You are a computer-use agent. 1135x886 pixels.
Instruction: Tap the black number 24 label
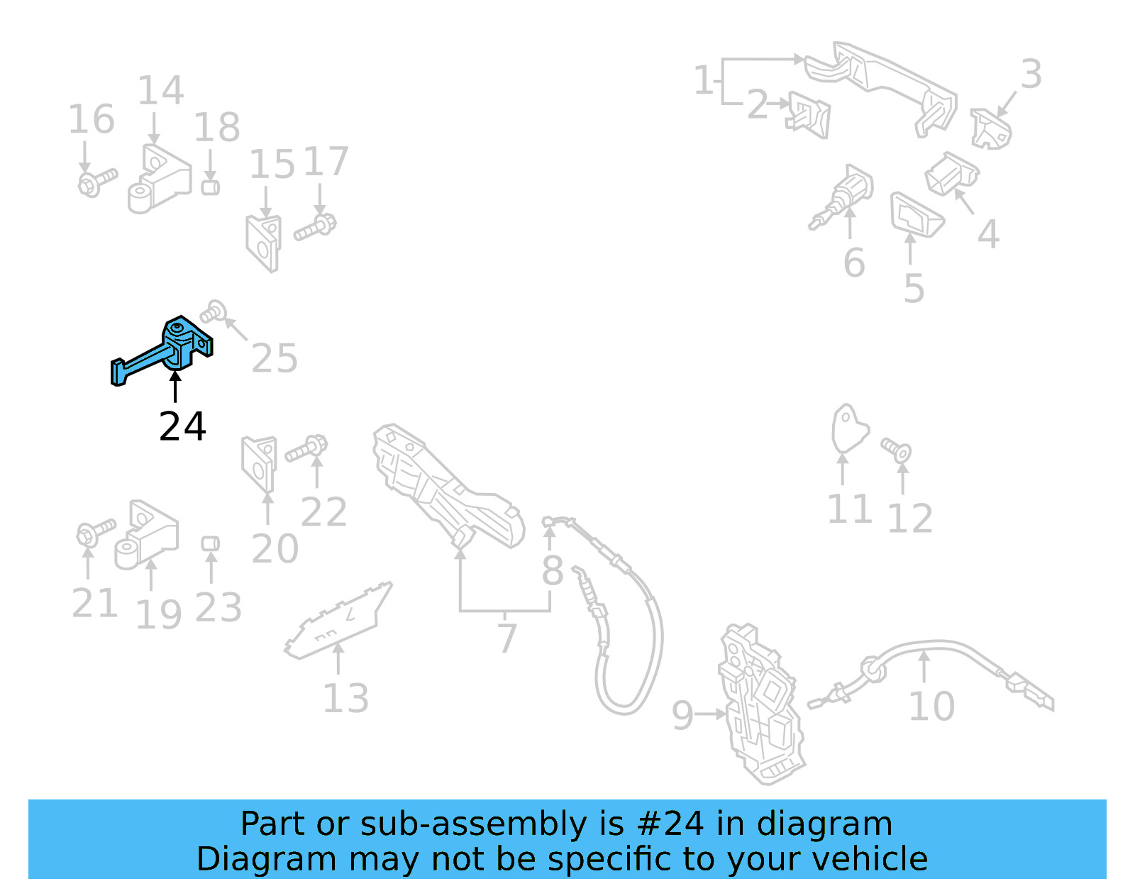tap(182, 426)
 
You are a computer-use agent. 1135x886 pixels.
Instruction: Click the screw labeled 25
tap(214, 311)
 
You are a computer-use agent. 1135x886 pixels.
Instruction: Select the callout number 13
tap(345, 699)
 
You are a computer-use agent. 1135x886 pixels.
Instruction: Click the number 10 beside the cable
tap(931, 707)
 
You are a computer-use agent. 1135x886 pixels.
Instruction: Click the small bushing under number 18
tap(210, 187)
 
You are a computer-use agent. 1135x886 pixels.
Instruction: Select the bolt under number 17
tap(316, 227)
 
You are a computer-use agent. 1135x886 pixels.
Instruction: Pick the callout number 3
tap(1031, 74)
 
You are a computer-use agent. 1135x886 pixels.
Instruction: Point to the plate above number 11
tap(848, 427)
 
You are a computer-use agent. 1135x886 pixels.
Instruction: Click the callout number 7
tap(506, 638)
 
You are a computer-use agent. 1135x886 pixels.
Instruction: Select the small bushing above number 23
tap(210, 544)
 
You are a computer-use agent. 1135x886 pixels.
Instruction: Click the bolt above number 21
tap(94, 532)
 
